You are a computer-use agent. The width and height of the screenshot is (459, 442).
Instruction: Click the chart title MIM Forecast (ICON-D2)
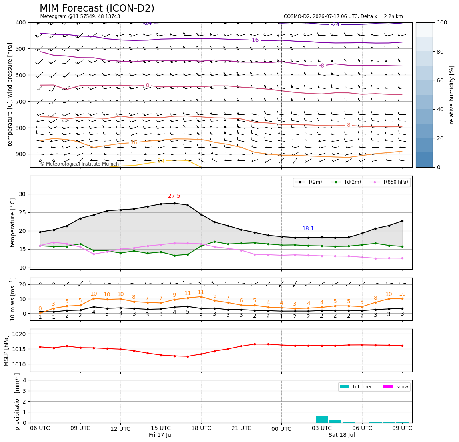pos(97,8)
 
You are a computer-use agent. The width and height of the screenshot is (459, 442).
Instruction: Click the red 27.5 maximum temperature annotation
pos(174,196)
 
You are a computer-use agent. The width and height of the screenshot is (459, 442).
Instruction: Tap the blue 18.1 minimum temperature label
pos(308,228)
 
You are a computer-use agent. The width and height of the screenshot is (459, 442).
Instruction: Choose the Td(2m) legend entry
pos(346,182)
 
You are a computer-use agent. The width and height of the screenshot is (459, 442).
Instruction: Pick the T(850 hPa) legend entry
pos(389,182)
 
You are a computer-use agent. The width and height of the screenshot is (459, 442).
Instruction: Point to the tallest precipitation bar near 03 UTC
pos(322,420)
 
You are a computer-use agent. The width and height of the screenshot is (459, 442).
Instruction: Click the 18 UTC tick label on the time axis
pos(201,428)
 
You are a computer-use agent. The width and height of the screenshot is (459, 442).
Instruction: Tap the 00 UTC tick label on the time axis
pos(281,429)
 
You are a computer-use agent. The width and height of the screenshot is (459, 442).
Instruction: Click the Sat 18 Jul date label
pos(341,435)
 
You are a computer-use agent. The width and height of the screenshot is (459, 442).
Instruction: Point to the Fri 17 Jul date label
pos(160,435)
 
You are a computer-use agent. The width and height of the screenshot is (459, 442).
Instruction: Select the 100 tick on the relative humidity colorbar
pos(442,22)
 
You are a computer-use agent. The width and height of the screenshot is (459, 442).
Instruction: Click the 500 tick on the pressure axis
pos(21,49)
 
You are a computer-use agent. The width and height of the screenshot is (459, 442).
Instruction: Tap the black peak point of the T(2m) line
pos(174,203)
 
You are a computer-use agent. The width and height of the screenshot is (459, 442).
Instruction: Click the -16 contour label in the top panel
pos(255,40)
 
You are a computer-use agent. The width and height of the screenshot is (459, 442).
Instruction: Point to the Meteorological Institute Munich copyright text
pos(79,164)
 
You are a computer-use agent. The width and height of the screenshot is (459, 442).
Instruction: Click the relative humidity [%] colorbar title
pos(452,95)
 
